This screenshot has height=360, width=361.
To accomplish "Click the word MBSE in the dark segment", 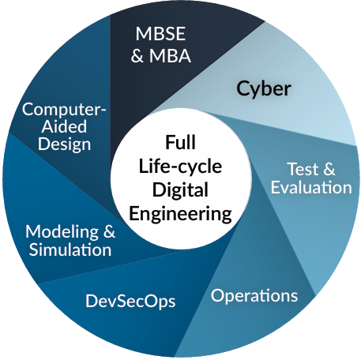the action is point(160,34).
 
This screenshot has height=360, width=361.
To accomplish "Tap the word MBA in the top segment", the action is point(170,56).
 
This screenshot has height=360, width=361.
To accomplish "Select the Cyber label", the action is point(264,89).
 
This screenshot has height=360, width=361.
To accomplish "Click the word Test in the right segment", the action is point(303,169).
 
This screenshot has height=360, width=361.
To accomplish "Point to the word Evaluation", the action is point(311,187).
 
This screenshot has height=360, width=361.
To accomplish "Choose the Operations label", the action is point(254,296).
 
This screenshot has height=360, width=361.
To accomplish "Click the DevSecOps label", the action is point(130,302).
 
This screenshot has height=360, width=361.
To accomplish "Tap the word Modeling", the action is point(62,232).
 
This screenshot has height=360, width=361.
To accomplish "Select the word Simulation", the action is point(70,249).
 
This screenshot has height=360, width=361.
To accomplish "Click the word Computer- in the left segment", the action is point(64,110).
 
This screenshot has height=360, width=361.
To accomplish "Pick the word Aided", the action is point(64,126).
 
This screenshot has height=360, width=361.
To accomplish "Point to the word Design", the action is point(65,144).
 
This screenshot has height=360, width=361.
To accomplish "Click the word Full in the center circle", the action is point(180,142).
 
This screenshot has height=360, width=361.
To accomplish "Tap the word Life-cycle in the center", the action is point(180,167).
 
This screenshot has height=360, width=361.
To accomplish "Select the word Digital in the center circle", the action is point(180,190).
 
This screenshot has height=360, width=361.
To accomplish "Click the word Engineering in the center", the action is point(180,214).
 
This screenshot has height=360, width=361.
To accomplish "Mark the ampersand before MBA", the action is point(137,56).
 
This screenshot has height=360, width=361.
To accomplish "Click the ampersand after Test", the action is point(329,169).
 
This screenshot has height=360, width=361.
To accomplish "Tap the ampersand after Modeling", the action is point(109,231).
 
